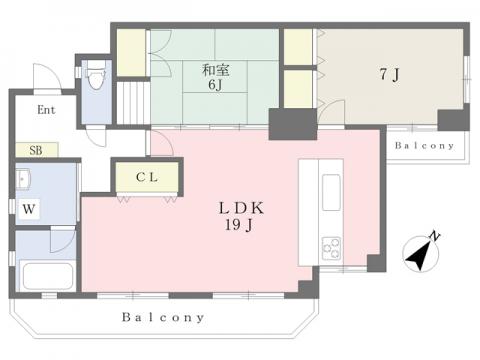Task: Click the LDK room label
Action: pos(241,208)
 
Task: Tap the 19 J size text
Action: pos(239,225)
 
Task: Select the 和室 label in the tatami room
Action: pos(216,70)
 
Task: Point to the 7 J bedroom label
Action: pos(389,74)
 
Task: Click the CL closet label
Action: pos(147,177)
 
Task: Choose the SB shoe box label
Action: pos(36,150)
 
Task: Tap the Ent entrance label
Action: pos(46,110)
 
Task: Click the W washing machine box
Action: pos(29,209)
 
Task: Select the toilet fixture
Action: pos(96,75)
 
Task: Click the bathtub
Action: pos(46,276)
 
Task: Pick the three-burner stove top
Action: pos(331,249)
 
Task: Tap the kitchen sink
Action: pos(331,193)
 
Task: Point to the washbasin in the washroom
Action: pos(23,179)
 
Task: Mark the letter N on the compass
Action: pos(434,236)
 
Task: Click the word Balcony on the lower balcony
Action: pos(163,317)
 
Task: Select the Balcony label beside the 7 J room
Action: pos(424,146)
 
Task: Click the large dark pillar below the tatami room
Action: pos(293,124)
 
